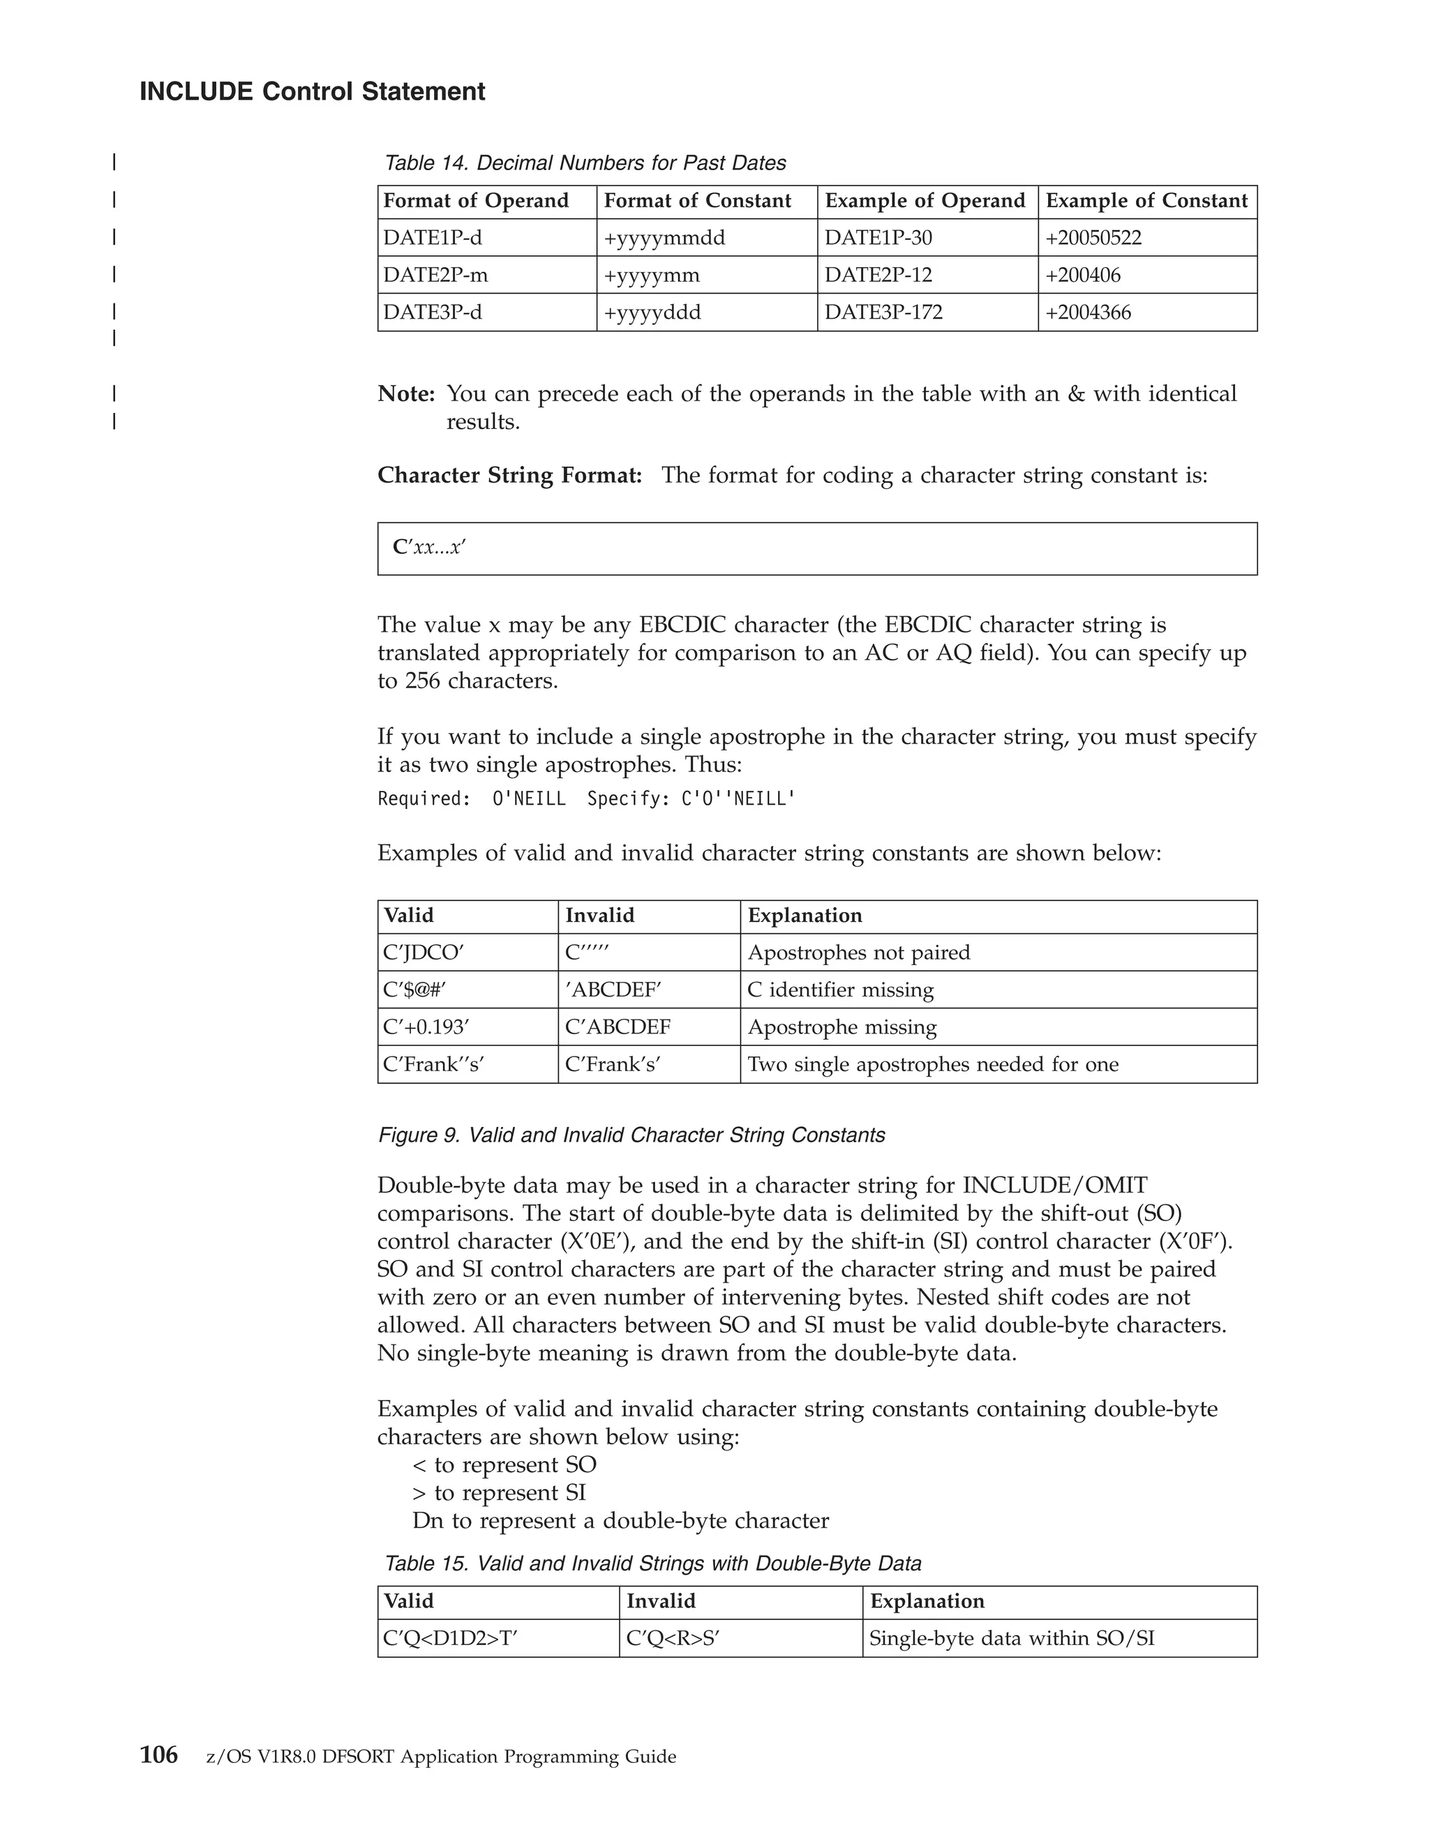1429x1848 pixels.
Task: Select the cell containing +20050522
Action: tap(1093, 238)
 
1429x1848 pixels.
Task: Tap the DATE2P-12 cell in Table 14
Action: tap(878, 275)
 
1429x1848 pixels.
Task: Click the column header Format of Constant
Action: tap(697, 202)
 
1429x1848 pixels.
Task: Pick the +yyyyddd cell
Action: tap(652, 312)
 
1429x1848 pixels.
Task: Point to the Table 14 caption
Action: tap(585, 162)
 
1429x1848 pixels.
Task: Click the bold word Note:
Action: tap(406, 393)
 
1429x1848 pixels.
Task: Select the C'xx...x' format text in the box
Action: tap(429, 547)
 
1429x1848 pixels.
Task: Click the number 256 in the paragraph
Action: tap(421, 681)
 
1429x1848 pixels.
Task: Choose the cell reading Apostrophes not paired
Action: tap(858, 953)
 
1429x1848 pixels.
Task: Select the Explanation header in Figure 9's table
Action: tap(805, 916)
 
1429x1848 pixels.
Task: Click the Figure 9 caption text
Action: tap(631, 1135)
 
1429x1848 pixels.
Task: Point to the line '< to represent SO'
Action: tap(504, 1464)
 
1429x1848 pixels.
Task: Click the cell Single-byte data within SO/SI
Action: tap(1012, 1639)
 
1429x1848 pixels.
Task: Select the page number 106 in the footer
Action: tap(158, 1756)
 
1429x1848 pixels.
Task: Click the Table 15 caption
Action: tap(652, 1563)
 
